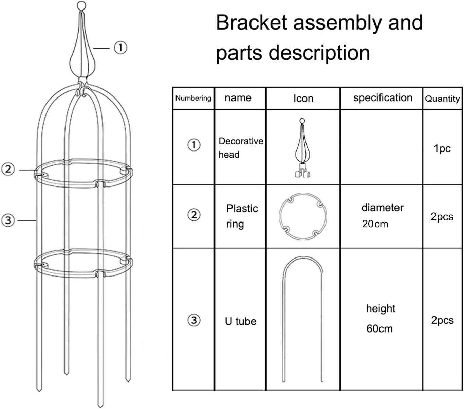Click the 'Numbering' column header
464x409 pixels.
coord(193,98)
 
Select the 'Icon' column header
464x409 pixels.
coord(303,99)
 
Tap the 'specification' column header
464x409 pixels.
coord(383,98)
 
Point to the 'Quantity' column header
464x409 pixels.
coord(442,99)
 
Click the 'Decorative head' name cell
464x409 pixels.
coord(241,148)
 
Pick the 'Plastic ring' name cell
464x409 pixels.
coord(242,216)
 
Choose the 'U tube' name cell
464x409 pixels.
coord(240,321)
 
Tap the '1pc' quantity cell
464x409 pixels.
coord(442,148)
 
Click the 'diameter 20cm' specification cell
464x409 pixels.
coord(382,216)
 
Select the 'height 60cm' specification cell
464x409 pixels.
coord(380,318)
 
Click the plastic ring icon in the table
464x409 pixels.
coord(303,216)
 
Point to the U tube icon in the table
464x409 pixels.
coord(303,319)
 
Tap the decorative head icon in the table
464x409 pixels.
coord(302,148)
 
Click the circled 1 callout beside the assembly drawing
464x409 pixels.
coord(120,48)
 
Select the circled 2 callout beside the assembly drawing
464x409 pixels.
coord(8,169)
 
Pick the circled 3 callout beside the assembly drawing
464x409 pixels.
coord(8,220)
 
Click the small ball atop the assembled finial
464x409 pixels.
coord(81,6)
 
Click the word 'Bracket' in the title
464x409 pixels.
coord(252,23)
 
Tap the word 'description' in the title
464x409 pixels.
coord(319,53)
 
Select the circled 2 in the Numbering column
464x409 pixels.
coord(194,215)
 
